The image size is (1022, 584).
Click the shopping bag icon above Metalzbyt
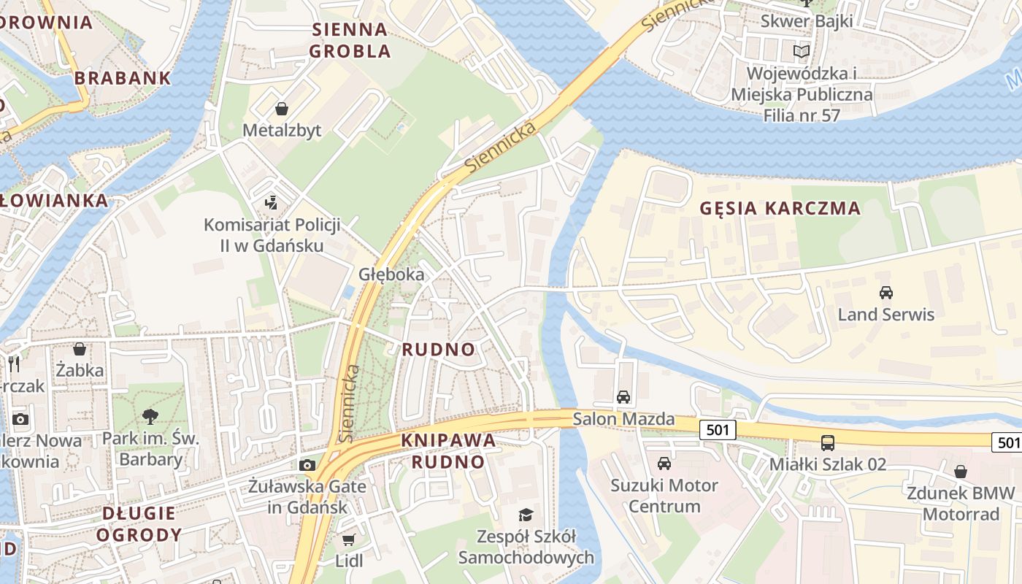[282, 109]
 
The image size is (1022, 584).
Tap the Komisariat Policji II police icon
[272, 202]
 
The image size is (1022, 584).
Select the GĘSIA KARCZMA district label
[780, 208]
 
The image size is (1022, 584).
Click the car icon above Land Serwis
[886, 293]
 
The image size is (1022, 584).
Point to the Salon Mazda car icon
[623, 397]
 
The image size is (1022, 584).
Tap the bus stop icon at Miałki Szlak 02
[828, 442]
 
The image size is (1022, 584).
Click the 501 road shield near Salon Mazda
[718, 430]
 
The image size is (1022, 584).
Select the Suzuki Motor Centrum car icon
[664, 464]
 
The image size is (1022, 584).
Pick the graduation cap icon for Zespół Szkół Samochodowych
[526, 515]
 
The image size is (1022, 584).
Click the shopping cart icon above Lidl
[349, 539]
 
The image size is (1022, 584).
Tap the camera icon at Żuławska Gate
[307, 465]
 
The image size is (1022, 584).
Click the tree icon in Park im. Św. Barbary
[151, 417]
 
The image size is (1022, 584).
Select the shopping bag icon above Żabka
[80, 349]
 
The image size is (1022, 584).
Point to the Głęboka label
[391, 274]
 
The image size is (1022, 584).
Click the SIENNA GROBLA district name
[350, 40]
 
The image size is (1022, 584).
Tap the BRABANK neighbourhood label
[123, 77]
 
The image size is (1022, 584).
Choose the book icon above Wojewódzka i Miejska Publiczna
[802, 51]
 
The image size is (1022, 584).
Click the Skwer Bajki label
[807, 20]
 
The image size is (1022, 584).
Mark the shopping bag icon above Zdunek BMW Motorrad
[961, 472]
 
